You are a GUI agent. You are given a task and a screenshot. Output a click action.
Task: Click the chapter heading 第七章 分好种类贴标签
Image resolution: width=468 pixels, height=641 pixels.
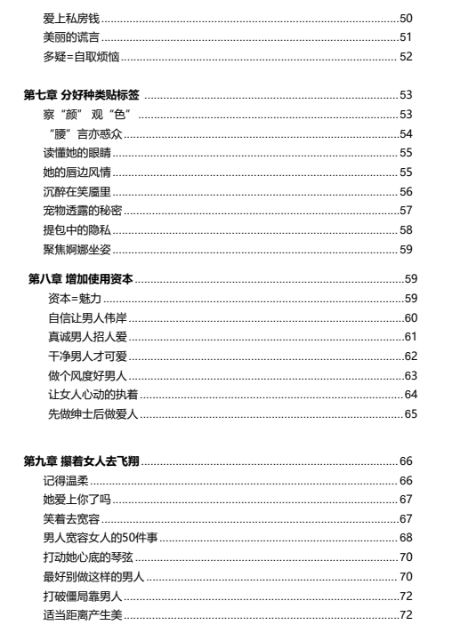click(x=82, y=94)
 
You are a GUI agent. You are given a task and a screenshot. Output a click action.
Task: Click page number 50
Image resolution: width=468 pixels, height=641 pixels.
click(x=406, y=18)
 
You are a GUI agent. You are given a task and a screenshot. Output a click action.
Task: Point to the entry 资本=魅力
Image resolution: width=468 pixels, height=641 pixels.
click(x=73, y=297)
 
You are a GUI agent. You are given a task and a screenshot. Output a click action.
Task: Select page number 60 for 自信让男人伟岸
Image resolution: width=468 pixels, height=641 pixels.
click(x=410, y=317)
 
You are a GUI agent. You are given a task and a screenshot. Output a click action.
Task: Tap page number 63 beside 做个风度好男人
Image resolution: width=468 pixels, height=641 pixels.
click(x=410, y=375)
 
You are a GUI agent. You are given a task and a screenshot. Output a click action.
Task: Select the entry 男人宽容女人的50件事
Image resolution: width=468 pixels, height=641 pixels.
click(x=101, y=538)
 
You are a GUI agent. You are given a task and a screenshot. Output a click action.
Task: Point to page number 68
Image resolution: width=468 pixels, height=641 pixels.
click(x=406, y=538)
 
